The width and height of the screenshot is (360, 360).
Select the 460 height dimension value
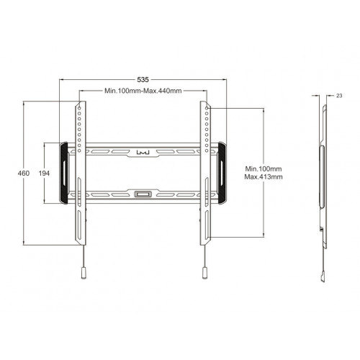(x=24, y=174)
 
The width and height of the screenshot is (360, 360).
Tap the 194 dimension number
(x=44, y=174)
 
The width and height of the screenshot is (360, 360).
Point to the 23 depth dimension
(x=339, y=94)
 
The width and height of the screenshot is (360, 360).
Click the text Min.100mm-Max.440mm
(x=143, y=91)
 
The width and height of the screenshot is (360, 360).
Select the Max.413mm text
(x=263, y=177)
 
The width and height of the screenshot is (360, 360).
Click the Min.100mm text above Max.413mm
(x=263, y=168)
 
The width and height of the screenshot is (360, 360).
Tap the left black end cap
(x=66, y=172)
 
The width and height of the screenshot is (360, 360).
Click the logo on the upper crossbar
(x=143, y=151)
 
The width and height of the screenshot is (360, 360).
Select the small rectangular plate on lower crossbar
(x=143, y=193)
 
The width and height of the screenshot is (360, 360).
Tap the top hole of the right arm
(x=207, y=108)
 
